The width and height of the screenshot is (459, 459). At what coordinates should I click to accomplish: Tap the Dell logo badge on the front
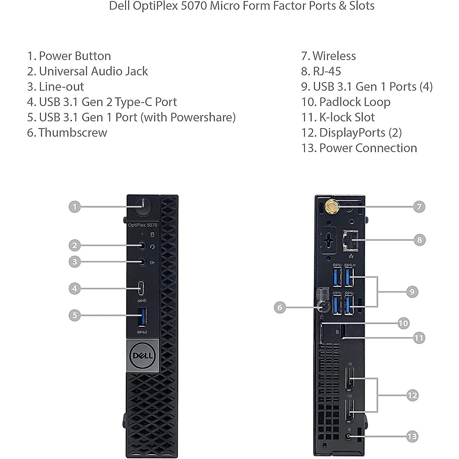click(x=142, y=356)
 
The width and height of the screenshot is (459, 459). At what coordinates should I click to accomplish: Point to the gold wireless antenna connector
click(x=331, y=207)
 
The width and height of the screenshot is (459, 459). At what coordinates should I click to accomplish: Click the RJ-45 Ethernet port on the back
click(x=349, y=240)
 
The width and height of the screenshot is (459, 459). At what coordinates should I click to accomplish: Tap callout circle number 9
click(x=412, y=291)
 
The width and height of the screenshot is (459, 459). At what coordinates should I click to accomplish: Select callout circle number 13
click(x=412, y=436)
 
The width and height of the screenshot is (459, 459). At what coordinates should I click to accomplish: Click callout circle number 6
click(x=280, y=307)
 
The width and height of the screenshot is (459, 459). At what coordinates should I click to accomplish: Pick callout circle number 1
click(x=75, y=207)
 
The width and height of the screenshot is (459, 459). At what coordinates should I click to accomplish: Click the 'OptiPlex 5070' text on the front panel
click(x=142, y=225)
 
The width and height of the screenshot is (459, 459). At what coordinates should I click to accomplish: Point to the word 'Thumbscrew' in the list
click(x=73, y=133)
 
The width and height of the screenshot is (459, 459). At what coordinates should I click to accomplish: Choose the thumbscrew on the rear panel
click(x=322, y=307)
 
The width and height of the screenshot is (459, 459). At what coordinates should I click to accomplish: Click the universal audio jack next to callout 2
click(x=142, y=246)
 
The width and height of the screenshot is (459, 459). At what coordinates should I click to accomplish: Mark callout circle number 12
click(x=412, y=395)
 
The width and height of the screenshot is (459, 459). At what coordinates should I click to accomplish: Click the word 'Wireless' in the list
click(x=334, y=56)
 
